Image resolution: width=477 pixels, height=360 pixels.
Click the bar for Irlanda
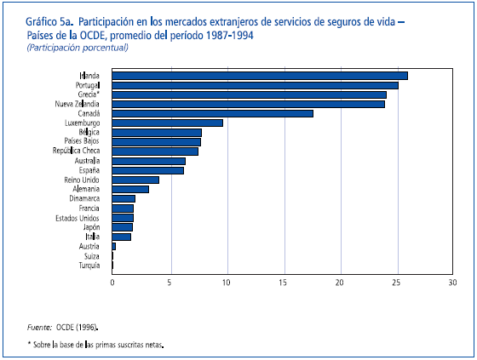click(260, 76)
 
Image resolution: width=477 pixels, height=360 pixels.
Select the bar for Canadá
click(213, 113)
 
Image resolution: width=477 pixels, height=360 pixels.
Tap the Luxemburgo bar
click(167, 123)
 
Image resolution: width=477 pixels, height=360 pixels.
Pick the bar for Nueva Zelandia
click(249, 104)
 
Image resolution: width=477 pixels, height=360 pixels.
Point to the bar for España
click(148, 170)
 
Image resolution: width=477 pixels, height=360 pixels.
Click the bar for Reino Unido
click(135, 180)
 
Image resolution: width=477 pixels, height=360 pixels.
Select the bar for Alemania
click(130, 189)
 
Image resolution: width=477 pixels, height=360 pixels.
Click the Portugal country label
click(85, 85)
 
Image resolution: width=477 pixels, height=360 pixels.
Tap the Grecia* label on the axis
click(86, 94)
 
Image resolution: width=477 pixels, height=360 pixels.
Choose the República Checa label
click(77, 151)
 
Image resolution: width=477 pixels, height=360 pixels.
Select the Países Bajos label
click(82, 141)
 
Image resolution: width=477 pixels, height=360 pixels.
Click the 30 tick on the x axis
click(454, 282)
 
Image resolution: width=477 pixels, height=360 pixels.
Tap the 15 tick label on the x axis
click(283, 282)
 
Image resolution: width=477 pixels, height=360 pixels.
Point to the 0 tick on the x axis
click(112, 282)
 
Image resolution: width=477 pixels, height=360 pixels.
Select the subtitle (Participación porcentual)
click(78, 48)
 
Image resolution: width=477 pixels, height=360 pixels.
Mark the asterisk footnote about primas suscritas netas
click(95, 345)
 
